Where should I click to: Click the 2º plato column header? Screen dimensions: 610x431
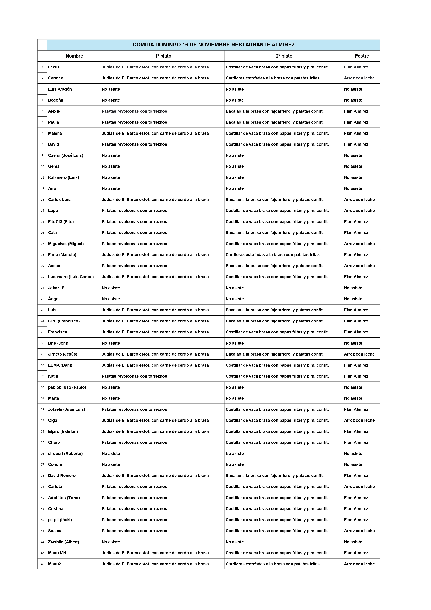(284, 56)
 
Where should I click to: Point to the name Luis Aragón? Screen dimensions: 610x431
(60, 89)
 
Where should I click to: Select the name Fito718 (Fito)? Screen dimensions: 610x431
(61, 222)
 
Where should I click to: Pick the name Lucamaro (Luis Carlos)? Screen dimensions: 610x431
(71, 277)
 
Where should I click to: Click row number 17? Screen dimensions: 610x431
(43, 244)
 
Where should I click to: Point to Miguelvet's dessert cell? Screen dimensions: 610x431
(359, 244)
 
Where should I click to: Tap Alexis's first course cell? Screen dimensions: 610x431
(134, 111)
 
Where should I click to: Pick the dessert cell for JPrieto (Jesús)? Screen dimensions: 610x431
(359, 354)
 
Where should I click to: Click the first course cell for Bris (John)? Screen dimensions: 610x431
(111, 343)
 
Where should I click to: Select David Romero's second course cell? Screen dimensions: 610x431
(275, 476)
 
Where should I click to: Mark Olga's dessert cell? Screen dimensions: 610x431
(359, 420)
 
